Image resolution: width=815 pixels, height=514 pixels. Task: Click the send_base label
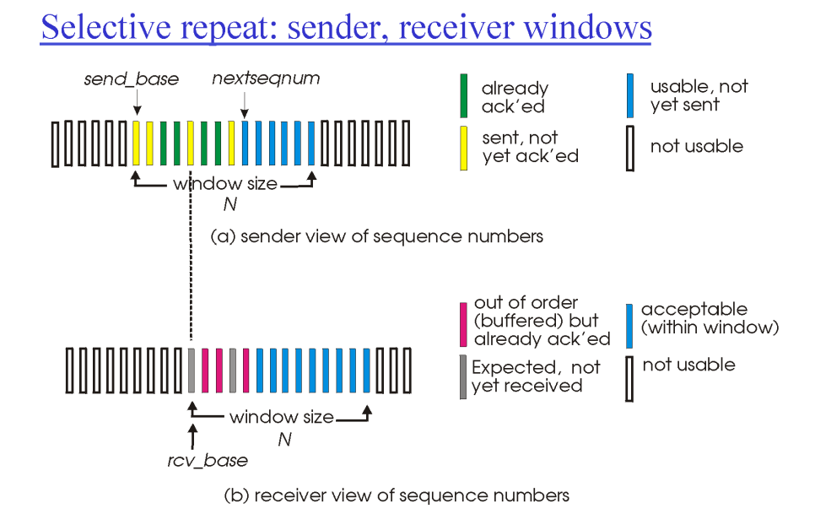click(131, 79)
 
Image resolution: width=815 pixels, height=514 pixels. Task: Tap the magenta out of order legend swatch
click(463, 323)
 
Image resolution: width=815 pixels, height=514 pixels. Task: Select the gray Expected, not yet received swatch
click(463, 376)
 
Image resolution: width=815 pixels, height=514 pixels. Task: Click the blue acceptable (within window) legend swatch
click(629, 323)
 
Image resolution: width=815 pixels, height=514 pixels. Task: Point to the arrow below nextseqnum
click(245, 104)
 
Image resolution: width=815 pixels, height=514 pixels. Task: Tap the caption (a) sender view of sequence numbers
click(376, 236)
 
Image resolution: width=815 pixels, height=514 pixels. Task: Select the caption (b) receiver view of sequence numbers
click(397, 495)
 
